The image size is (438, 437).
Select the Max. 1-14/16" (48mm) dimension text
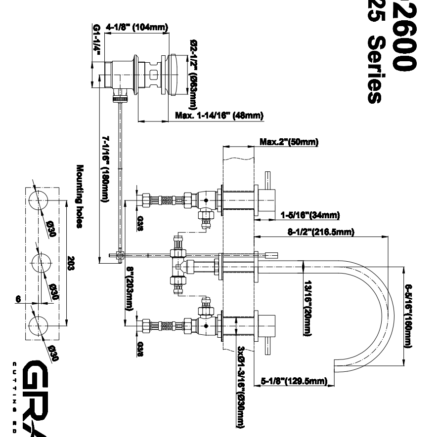point(219,116)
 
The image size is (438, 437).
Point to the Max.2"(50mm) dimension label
point(289,143)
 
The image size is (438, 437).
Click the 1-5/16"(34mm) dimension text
point(310,215)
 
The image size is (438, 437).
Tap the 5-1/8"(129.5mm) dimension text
point(295,381)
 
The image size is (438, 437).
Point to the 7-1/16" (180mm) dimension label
point(105,168)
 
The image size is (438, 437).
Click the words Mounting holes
point(79,197)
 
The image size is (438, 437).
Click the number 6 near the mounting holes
point(18,299)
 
